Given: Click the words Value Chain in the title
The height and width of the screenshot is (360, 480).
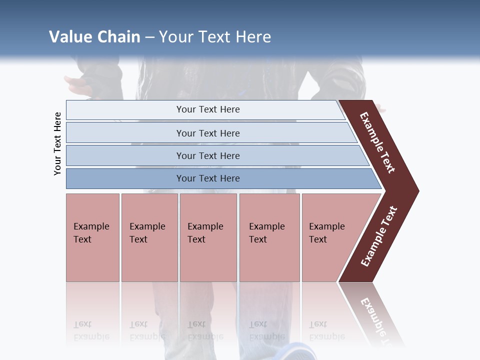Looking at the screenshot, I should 94,37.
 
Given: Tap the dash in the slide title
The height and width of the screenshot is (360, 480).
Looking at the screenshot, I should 149,37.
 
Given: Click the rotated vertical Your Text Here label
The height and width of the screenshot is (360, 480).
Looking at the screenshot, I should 57,143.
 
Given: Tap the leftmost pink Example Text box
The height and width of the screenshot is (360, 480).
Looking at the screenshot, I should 92,237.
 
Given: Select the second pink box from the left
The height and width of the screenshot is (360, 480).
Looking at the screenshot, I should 149,237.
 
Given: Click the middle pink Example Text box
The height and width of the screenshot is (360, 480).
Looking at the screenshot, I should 208,237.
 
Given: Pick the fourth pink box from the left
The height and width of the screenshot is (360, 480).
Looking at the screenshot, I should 269,237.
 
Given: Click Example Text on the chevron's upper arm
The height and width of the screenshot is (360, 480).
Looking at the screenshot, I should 377,142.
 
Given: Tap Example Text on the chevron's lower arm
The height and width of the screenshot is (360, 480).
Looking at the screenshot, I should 379,236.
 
